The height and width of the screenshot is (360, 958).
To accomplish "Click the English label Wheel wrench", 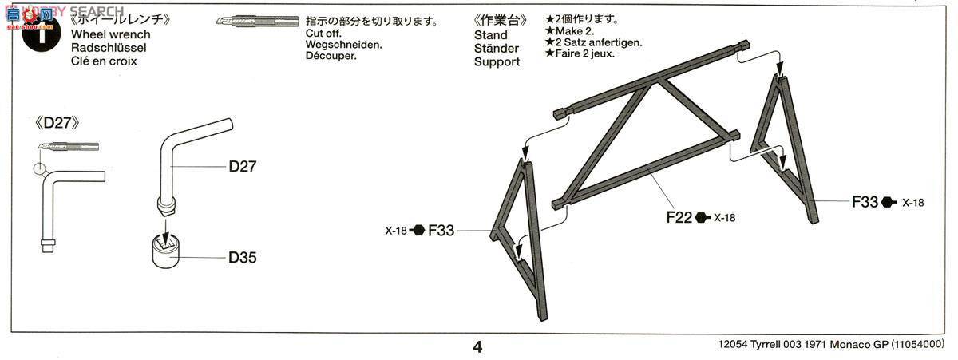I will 110,35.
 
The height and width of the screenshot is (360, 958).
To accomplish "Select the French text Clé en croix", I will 104,61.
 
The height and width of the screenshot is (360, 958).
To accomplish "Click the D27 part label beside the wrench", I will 242,166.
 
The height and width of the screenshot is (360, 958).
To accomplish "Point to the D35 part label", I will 242,258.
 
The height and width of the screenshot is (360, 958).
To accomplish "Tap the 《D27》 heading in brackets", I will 57,123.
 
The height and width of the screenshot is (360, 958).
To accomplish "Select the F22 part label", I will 679,216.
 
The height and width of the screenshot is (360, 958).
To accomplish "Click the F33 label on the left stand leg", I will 441,231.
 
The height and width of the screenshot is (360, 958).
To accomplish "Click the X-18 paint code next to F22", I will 724,217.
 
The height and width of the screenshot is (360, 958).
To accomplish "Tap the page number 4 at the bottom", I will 477,346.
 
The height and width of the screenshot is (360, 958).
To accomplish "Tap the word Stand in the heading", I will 490,35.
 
